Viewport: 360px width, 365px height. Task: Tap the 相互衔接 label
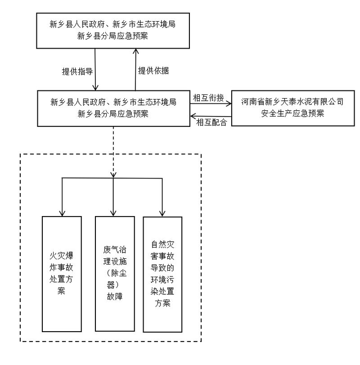click(208, 98)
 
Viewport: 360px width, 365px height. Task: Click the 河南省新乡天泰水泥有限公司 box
click(292, 108)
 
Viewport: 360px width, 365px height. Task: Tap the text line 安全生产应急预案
click(292, 113)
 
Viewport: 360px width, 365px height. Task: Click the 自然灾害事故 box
click(162, 275)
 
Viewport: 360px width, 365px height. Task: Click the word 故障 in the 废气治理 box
click(114, 297)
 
